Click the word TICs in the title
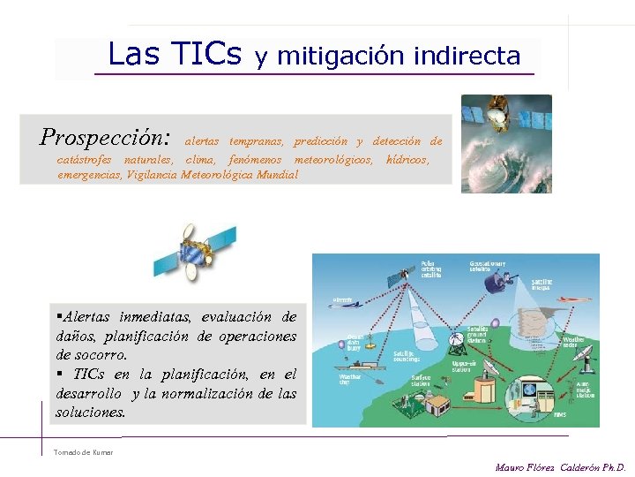point(205,55)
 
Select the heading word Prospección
point(105,138)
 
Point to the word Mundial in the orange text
point(277,175)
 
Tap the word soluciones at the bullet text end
point(90,412)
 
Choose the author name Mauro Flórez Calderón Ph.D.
point(560,466)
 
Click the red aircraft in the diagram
point(572,299)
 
